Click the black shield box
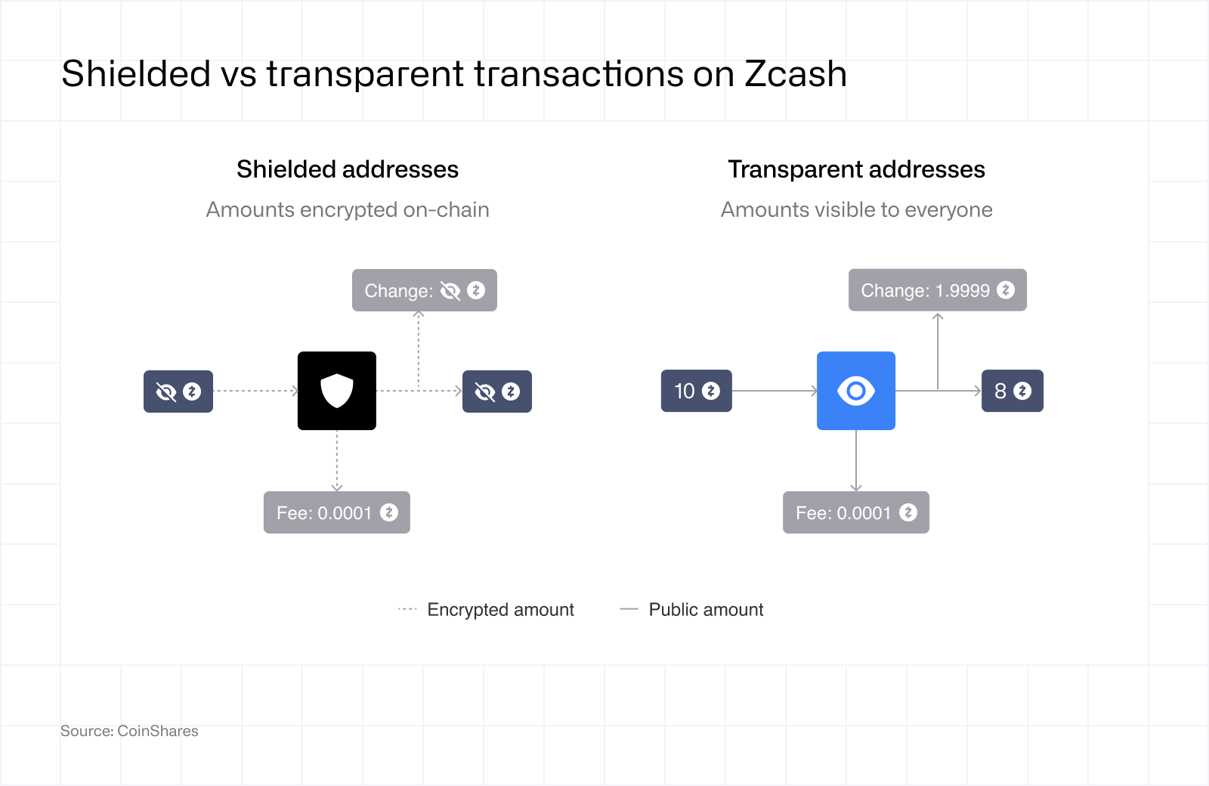pos(337,391)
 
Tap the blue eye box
pos(856,391)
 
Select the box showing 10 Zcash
pos(696,391)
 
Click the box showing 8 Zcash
pos(1012,391)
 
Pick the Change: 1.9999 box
pos(938,290)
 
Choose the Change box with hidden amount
pos(424,290)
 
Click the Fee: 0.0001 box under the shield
pos(337,512)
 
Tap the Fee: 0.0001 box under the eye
pos(856,512)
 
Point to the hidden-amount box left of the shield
pos(178,391)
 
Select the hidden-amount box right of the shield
pos(497,391)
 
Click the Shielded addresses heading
pos(348,169)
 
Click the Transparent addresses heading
pos(857,169)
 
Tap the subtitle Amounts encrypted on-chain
pos(348,209)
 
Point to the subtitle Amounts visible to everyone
pos(857,209)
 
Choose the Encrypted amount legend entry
pos(486,609)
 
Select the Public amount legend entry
pos(692,609)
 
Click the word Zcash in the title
pos(796,73)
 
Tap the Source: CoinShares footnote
pos(129,731)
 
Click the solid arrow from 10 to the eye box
pos(775,391)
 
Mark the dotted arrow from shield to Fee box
pos(337,460)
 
